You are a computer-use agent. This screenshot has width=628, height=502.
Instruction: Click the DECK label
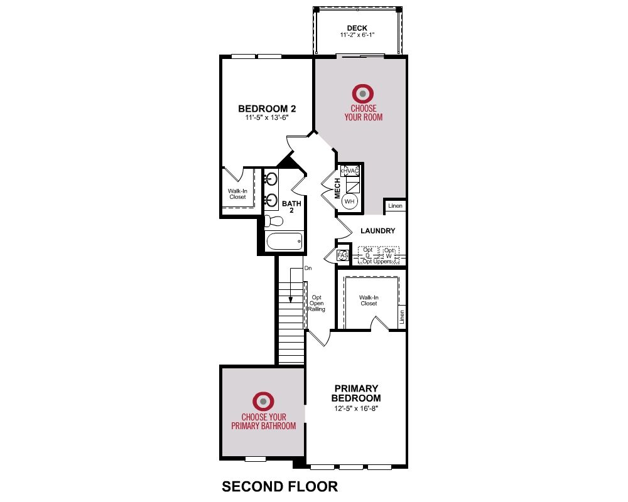click(357, 28)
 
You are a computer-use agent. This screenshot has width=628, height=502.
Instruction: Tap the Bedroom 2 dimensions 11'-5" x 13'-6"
click(267, 118)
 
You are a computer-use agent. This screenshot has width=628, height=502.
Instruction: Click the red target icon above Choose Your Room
click(363, 93)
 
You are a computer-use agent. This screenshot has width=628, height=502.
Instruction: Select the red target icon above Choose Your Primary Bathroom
click(263, 401)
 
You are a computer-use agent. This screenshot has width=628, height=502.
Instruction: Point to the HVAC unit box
click(350, 171)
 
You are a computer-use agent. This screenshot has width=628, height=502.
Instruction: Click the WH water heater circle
click(350, 201)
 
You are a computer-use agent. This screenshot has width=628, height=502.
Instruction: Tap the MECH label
click(337, 188)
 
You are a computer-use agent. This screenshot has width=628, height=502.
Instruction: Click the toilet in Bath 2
click(274, 221)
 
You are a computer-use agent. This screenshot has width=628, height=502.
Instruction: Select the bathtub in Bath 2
click(284, 242)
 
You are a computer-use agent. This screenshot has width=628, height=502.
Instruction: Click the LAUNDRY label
click(377, 231)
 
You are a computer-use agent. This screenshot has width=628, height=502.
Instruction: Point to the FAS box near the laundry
click(343, 255)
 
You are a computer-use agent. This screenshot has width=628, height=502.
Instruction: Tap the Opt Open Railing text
click(317, 304)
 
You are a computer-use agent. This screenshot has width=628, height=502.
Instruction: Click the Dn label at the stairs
click(308, 268)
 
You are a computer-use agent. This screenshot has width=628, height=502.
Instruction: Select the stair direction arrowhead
click(290, 299)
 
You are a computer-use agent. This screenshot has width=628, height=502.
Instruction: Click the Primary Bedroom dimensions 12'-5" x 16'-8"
click(356, 409)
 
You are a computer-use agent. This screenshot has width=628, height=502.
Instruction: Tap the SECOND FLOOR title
click(280, 486)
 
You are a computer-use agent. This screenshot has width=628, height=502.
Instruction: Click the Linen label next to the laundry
click(395, 206)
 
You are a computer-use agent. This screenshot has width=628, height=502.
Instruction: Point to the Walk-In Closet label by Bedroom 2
click(237, 194)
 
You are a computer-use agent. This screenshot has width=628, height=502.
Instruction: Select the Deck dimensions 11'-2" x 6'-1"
click(357, 35)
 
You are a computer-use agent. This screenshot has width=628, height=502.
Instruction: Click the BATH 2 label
click(291, 206)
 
